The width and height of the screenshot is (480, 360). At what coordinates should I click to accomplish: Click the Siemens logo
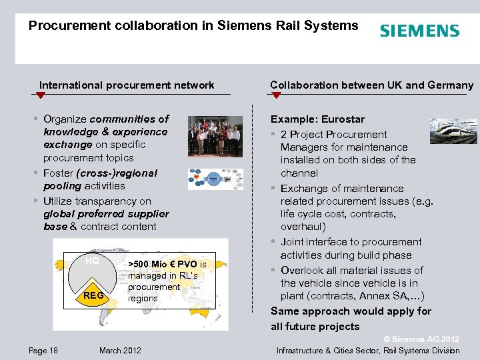point(419,31)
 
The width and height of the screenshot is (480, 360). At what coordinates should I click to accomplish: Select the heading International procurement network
point(127,85)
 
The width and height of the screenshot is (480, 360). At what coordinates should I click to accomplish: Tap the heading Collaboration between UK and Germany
point(371,85)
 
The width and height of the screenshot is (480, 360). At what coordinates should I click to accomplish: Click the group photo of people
point(215,136)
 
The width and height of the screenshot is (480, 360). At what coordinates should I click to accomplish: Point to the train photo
point(453,131)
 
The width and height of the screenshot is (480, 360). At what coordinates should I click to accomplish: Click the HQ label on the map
point(92,261)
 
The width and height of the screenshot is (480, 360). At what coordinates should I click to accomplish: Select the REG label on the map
point(93,294)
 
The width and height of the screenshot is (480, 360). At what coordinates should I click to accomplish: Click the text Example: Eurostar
point(317,119)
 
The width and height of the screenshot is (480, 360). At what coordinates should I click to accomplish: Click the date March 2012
point(120,351)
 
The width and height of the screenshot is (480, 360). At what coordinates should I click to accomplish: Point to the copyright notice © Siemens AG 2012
point(422,339)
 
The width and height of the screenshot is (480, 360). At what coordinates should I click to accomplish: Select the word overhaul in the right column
point(303,227)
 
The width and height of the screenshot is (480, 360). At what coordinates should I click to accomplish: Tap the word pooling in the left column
point(63,186)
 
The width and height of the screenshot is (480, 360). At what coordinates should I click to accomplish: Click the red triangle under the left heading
point(41,96)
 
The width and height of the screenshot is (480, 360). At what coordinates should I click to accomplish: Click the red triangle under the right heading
point(276,96)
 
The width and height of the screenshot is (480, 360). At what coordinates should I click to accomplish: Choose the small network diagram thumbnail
point(215,179)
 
